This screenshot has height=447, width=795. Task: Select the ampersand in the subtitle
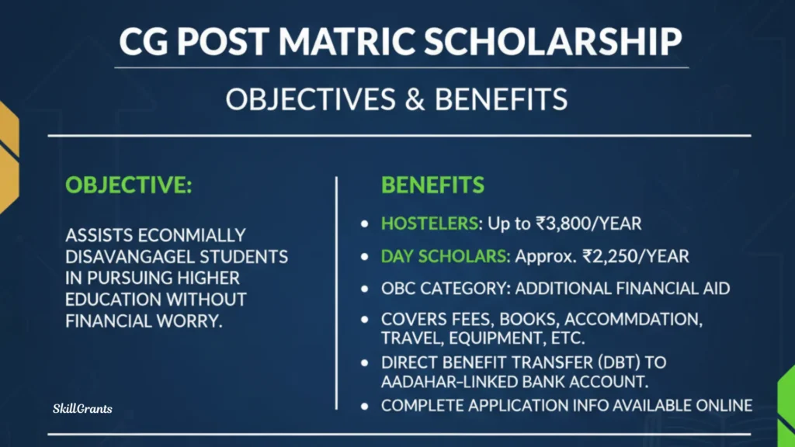(x=415, y=99)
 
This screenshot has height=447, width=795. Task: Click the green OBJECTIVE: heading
(x=129, y=185)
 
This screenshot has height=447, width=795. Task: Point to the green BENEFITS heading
(x=432, y=185)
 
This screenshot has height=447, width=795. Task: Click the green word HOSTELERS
(x=429, y=223)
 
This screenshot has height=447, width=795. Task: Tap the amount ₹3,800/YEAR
(x=588, y=223)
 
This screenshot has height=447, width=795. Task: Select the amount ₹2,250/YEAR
(x=636, y=256)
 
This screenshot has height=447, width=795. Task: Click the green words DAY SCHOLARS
(x=444, y=256)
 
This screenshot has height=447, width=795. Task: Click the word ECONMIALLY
(x=191, y=235)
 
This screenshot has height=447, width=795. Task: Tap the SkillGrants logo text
(x=82, y=408)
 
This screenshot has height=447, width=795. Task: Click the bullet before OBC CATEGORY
(x=365, y=289)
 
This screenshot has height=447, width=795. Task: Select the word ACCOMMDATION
(x=634, y=319)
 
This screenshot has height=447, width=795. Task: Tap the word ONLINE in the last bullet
(x=724, y=405)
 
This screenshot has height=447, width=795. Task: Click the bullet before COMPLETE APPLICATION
(x=365, y=406)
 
